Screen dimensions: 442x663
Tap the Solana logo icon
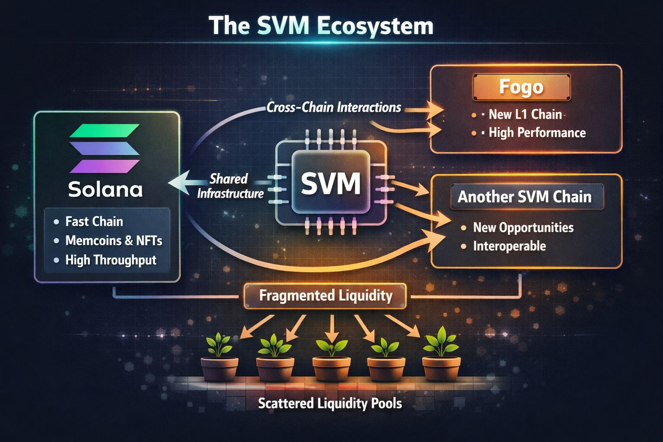104,148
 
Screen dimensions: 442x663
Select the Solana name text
105,189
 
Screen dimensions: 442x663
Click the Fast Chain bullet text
94,221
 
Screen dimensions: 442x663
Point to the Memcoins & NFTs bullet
114,240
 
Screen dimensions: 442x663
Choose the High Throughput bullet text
110,260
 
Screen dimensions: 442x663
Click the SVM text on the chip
331,183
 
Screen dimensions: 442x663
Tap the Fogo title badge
521,87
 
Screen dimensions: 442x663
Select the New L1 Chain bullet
525,114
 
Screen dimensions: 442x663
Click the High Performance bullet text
537,133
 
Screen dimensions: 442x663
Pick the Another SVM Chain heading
524,197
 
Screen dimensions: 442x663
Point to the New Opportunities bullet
523,227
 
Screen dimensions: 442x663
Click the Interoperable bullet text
509,246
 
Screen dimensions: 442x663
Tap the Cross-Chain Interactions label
334,107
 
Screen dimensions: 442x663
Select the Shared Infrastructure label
230,186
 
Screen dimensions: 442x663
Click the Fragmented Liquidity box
325,296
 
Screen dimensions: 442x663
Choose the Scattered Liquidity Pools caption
330,404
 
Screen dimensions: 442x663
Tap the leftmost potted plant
220,358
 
